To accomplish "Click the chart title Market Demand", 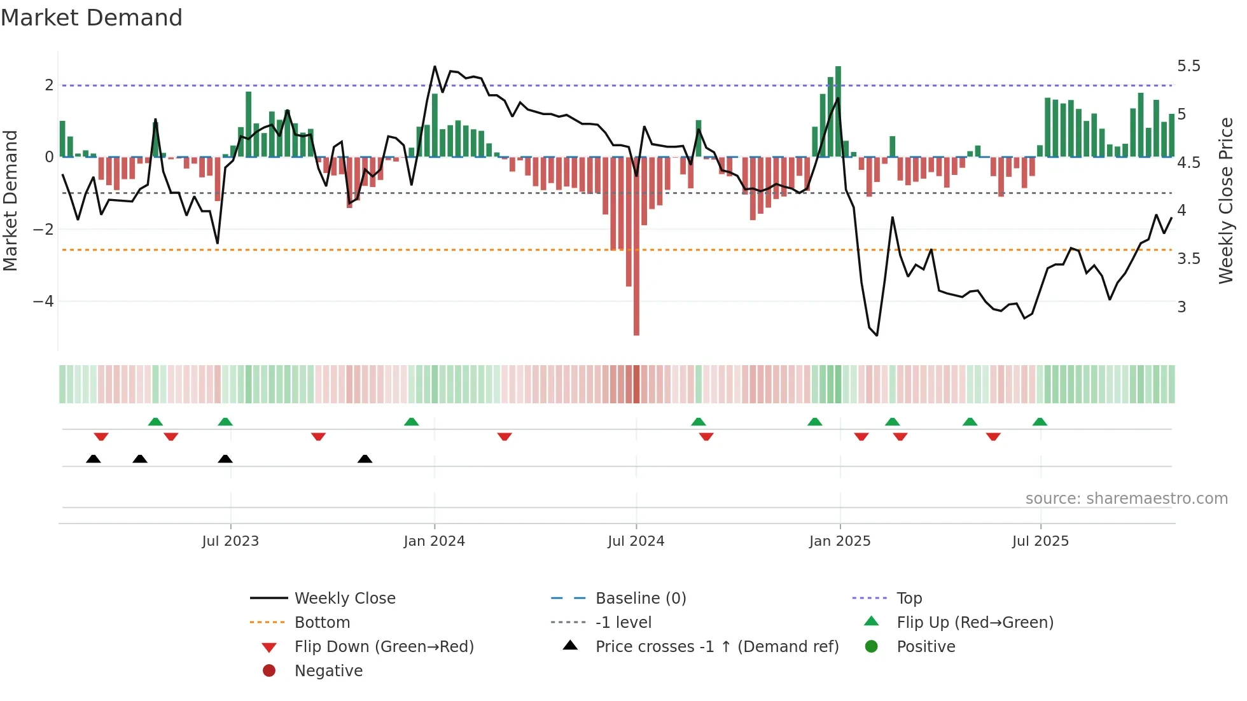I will tap(92, 18).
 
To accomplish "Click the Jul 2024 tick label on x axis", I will tap(636, 541).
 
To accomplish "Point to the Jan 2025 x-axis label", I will tap(839, 541).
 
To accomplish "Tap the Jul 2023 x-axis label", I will tap(230, 541).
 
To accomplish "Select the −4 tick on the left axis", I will tap(43, 302).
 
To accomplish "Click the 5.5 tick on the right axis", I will tap(1188, 66).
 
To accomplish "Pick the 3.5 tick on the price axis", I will tap(1188, 259).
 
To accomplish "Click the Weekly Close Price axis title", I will tap(1225, 200).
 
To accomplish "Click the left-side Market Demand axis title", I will tap(10, 200).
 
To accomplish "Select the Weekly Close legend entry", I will tap(344, 599).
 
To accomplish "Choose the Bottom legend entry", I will tap(322, 623).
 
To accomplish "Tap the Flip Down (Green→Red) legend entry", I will tap(384, 647).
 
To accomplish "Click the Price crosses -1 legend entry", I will tap(716, 647).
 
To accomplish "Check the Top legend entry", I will tap(909, 599).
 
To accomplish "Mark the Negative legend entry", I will tap(328, 671).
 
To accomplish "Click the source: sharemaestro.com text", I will tap(1126, 499).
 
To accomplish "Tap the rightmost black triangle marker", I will tap(365, 459).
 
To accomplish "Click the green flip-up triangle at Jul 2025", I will tap(1040, 422).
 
